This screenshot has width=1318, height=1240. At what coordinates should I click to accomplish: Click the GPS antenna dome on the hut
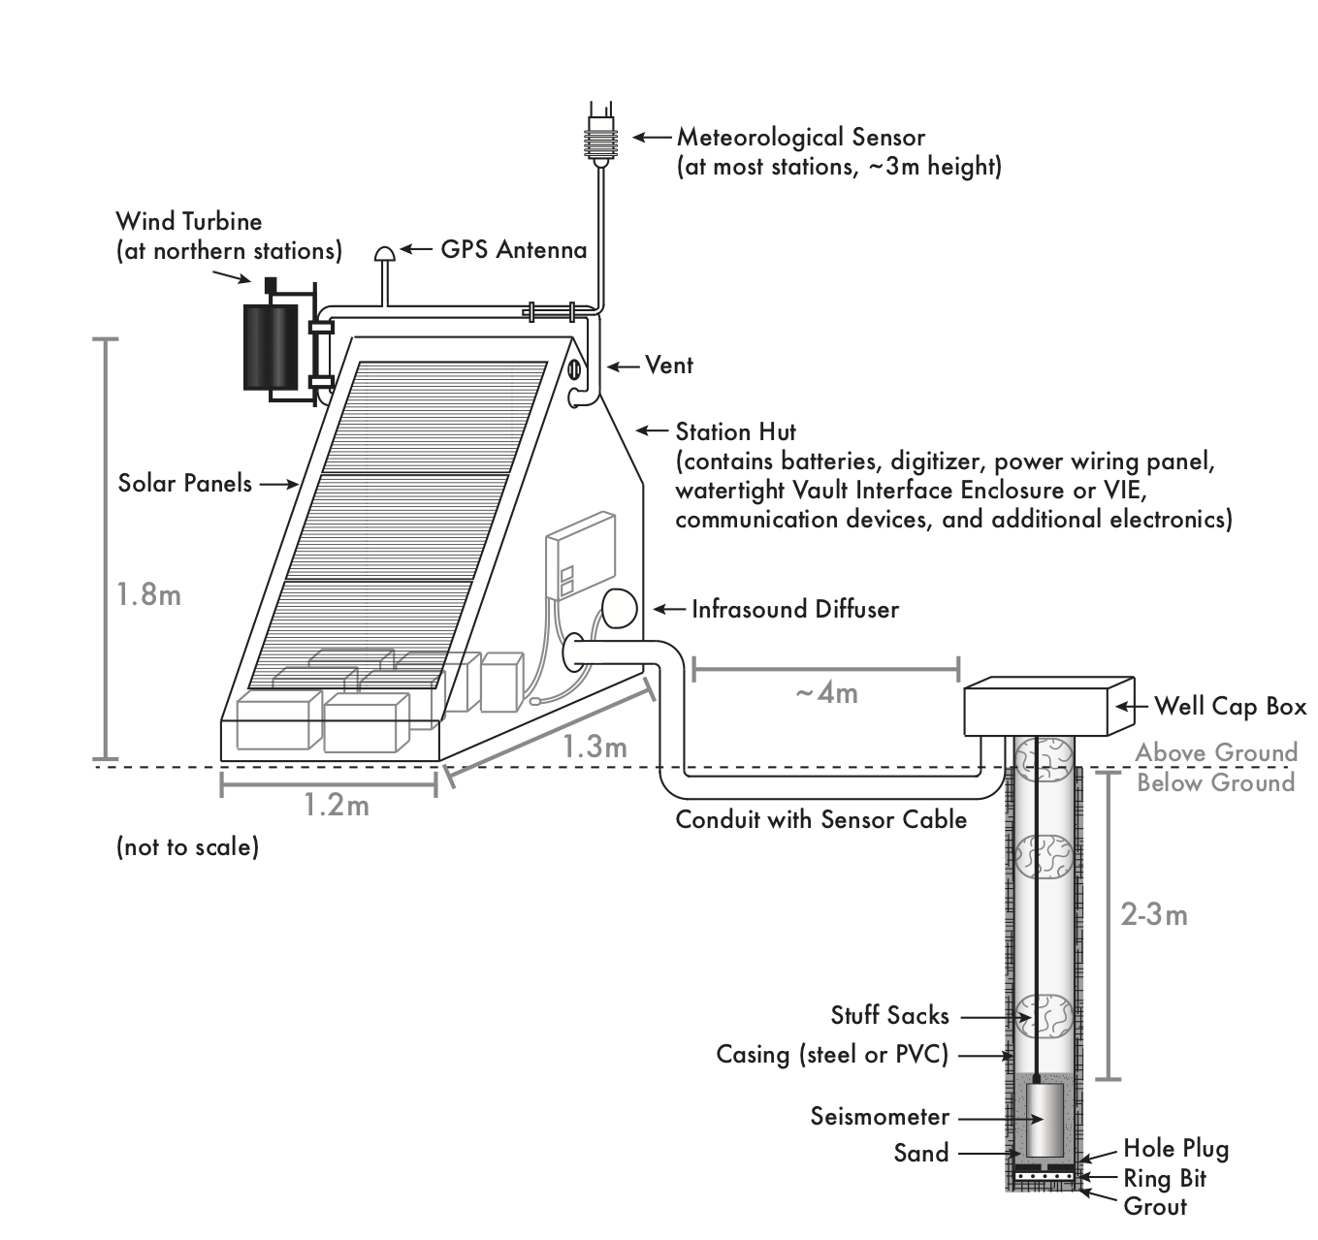coord(385,253)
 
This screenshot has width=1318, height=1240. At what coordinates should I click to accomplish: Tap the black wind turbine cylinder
coord(271,347)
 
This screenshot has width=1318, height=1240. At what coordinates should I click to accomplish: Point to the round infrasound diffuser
coord(619,608)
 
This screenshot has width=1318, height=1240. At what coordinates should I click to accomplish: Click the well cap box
coord(1048,706)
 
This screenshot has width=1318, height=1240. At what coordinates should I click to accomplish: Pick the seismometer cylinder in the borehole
coord(1045,1121)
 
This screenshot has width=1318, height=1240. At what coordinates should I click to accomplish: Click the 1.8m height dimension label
coord(148,594)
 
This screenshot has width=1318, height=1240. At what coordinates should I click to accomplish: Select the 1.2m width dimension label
coord(337,805)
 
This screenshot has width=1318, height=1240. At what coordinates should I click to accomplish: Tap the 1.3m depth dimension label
coord(595,747)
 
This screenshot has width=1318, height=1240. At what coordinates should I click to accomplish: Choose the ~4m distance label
coord(826,693)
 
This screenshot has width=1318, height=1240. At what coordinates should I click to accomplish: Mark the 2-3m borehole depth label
coord(1154,915)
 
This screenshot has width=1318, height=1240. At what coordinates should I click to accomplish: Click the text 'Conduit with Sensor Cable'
coord(820,819)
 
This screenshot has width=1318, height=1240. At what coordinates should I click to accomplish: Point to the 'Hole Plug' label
coord(1176,1149)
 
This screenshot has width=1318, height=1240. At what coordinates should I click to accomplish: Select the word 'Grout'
coord(1155,1206)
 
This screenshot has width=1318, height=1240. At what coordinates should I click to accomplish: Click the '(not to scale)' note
coord(188,846)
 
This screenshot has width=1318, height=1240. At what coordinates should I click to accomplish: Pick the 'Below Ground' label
coord(1216,783)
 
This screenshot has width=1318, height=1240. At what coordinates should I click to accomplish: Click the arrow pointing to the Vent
coord(623,366)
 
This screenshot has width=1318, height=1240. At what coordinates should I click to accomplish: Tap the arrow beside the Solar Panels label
coord(278,485)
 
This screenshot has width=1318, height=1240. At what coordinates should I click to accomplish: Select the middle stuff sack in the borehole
coord(1044,856)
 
